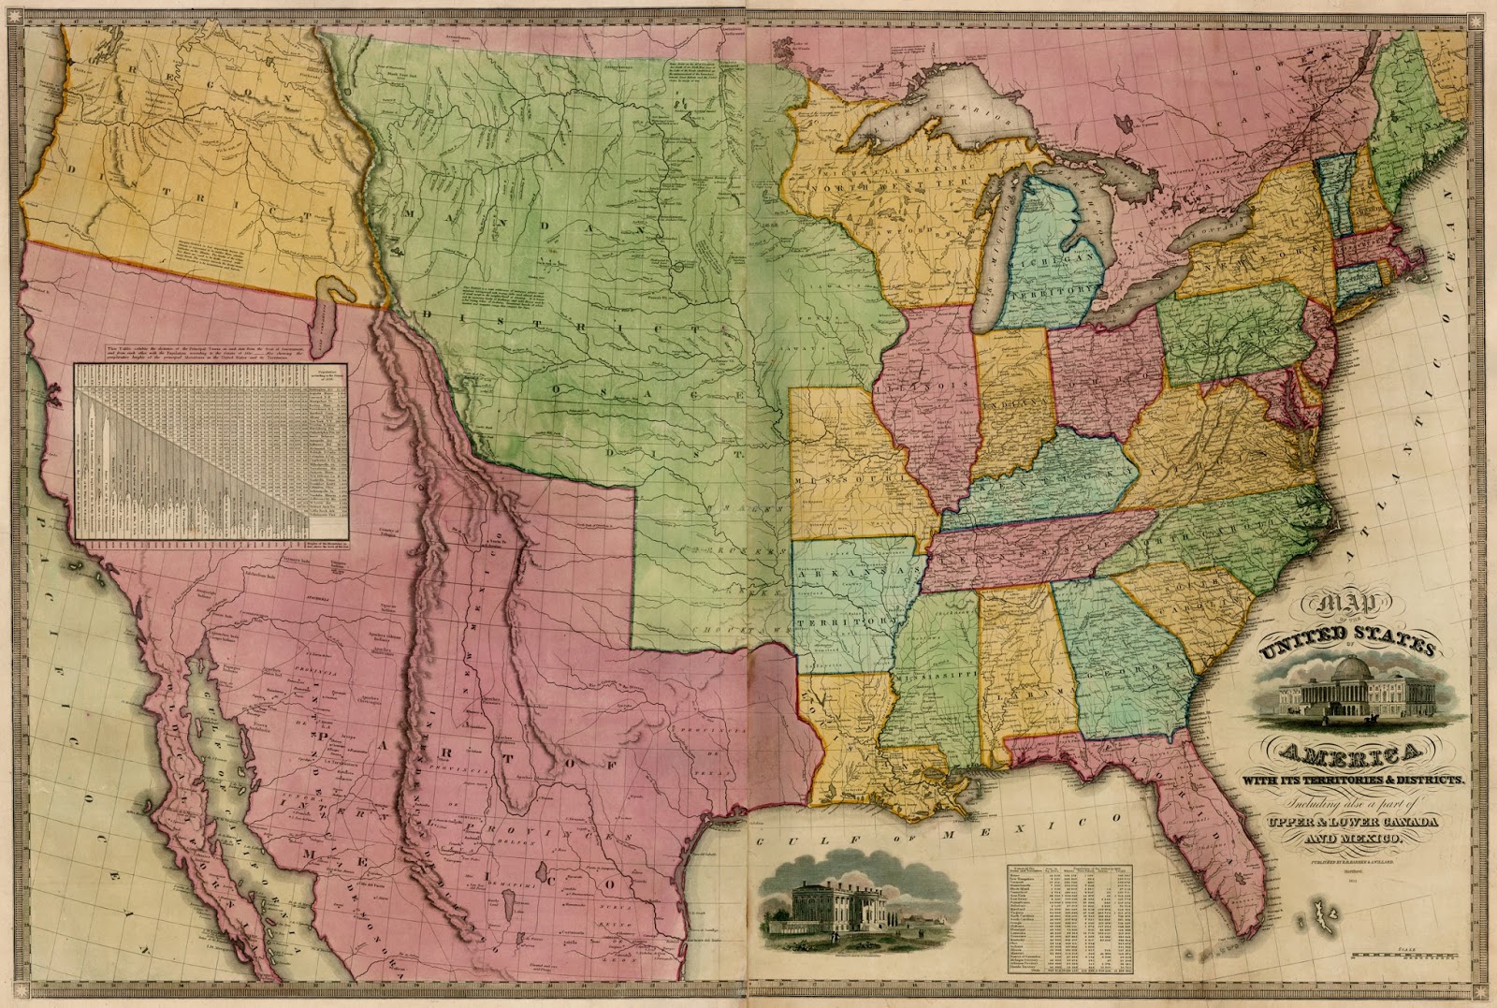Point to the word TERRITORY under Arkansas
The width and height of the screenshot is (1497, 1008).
tap(837, 621)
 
